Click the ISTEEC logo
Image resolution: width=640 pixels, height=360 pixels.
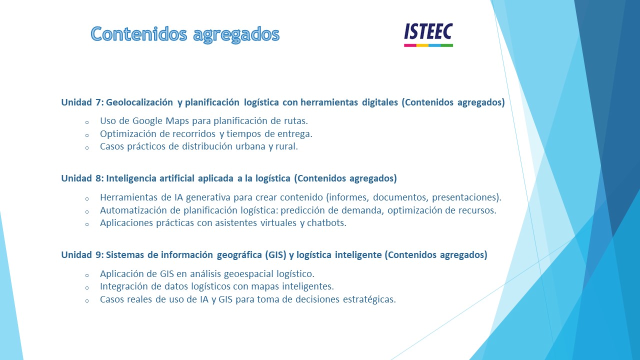point(428,35)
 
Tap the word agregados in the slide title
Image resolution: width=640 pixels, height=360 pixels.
point(236,35)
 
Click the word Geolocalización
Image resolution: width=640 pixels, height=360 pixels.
point(139,102)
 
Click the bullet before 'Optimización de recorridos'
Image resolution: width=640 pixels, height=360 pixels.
point(87,135)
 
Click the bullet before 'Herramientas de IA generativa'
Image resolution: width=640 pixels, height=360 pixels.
point(87,198)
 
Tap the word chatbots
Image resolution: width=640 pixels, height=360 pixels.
point(326,223)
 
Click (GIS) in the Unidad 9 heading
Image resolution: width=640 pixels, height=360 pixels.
point(275,255)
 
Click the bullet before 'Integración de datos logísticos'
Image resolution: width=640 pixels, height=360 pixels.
point(87,287)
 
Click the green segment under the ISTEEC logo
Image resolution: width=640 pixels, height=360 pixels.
point(447,45)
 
